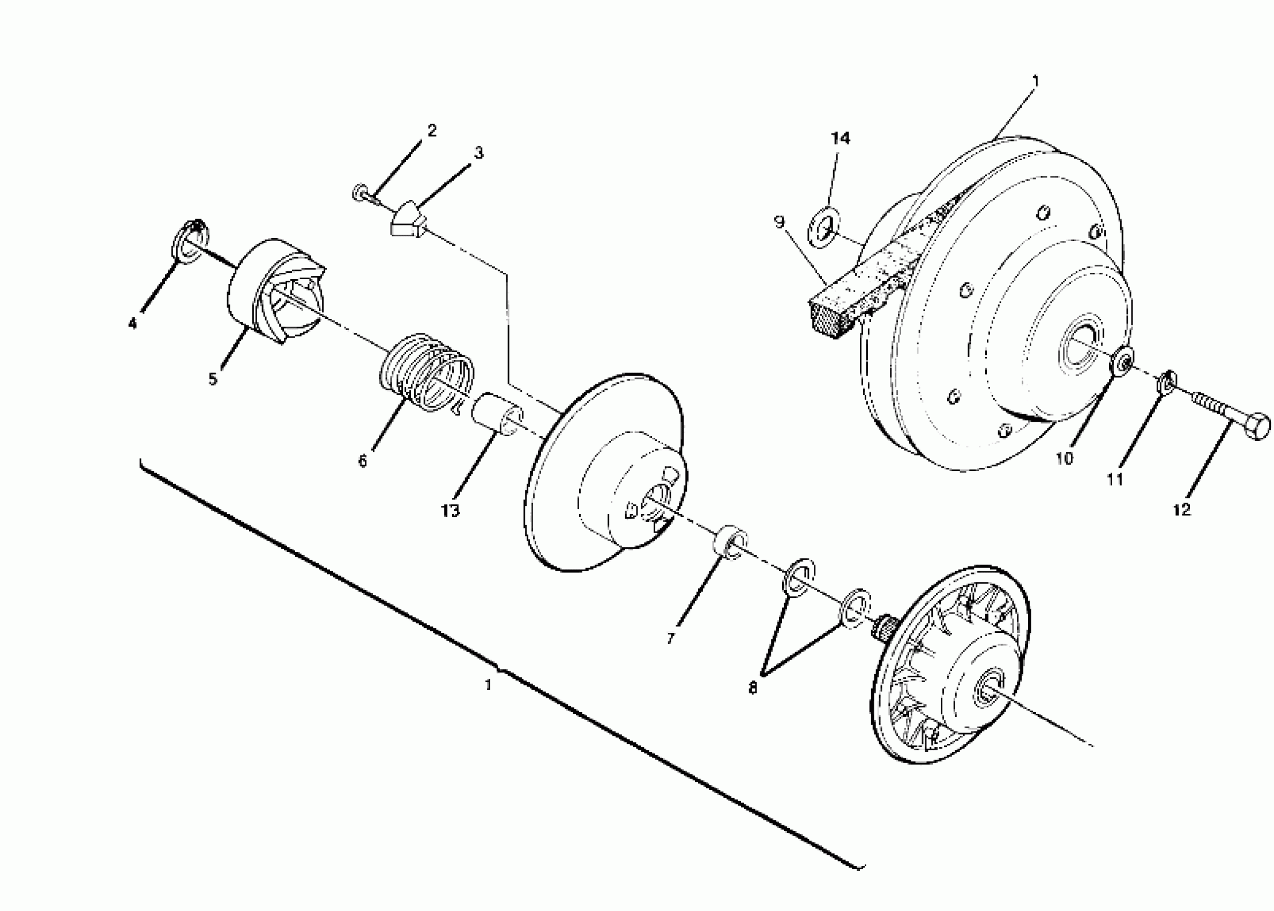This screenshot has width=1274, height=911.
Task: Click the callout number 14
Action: (x=840, y=138)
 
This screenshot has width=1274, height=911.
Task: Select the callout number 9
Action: (x=779, y=223)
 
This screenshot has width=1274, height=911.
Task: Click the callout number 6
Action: (x=363, y=461)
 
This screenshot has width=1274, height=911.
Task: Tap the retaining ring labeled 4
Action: (x=190, y=241)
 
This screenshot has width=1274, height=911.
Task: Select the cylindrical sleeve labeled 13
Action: (x=497, y=415)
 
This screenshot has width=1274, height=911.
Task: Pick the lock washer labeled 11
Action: (x=1165, y=384)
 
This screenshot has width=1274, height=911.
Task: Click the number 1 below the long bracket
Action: (x=489, y=685)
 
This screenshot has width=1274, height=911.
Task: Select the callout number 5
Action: (x=213, y=379)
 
